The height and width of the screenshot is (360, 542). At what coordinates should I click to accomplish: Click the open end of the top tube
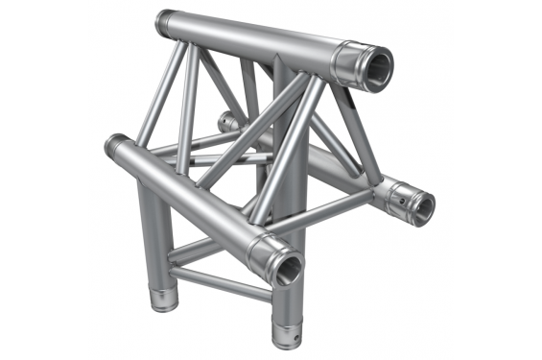point(375,68)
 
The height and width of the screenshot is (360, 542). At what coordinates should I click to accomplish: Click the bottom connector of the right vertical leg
point(285,329)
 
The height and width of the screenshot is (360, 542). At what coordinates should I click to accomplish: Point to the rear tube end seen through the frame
point(225,122)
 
